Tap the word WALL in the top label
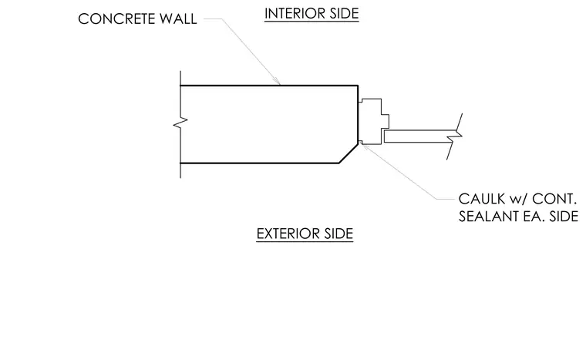pos(178,19)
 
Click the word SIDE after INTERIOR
pos(344,13)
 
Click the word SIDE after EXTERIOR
pos(338,234)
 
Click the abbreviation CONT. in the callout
pos(554,199)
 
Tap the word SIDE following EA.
pos(564,217)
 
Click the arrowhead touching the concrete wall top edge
pos(278,82)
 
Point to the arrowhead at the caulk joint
pos(365,147)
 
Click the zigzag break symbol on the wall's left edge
pos(180,123)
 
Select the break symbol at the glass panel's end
pos(454,136)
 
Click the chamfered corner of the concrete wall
pos(349,153)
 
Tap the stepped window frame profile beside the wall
pos(374,122)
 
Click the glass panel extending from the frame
pos(421,136)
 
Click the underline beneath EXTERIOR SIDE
pos(305,241)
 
